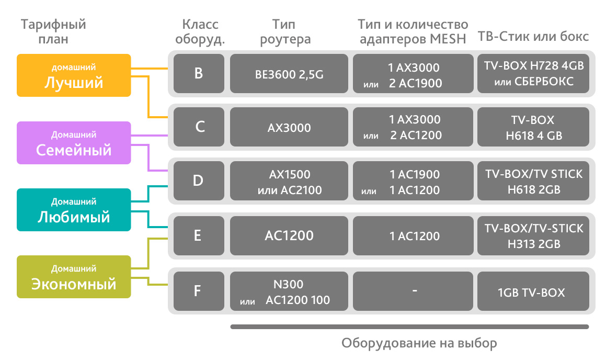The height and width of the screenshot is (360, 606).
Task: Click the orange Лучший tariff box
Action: coord(74,75)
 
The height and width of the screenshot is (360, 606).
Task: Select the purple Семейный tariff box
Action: coord(74,143)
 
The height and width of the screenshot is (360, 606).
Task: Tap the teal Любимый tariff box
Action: coord(74,210)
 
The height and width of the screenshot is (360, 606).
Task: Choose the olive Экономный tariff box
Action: coord(74,277)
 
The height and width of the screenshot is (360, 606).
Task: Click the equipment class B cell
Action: coord(199,74)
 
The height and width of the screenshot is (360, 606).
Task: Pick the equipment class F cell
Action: coord(199,290)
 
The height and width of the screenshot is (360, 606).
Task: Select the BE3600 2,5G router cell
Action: coord(289,74)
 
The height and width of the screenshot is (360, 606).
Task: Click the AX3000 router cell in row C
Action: coord(289,128)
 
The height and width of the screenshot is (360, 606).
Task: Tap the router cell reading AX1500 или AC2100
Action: coord(289,182)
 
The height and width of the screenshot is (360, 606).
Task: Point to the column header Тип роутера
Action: coord(285,31)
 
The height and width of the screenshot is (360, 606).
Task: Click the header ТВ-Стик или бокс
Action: coord(533,37)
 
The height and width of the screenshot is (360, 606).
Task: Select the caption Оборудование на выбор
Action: coord(419,343)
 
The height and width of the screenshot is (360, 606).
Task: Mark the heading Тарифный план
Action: coord(54,31)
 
